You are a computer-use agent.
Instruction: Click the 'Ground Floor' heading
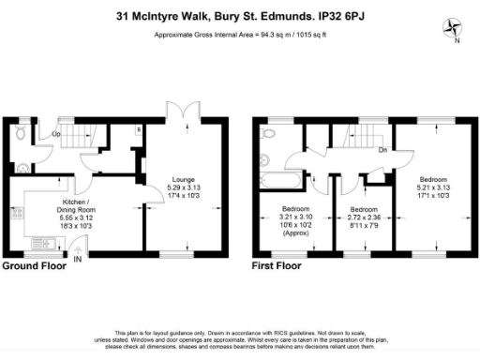(36, 267)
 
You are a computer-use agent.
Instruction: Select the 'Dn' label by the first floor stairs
(382, 149)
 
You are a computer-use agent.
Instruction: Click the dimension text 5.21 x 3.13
(434, 187)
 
